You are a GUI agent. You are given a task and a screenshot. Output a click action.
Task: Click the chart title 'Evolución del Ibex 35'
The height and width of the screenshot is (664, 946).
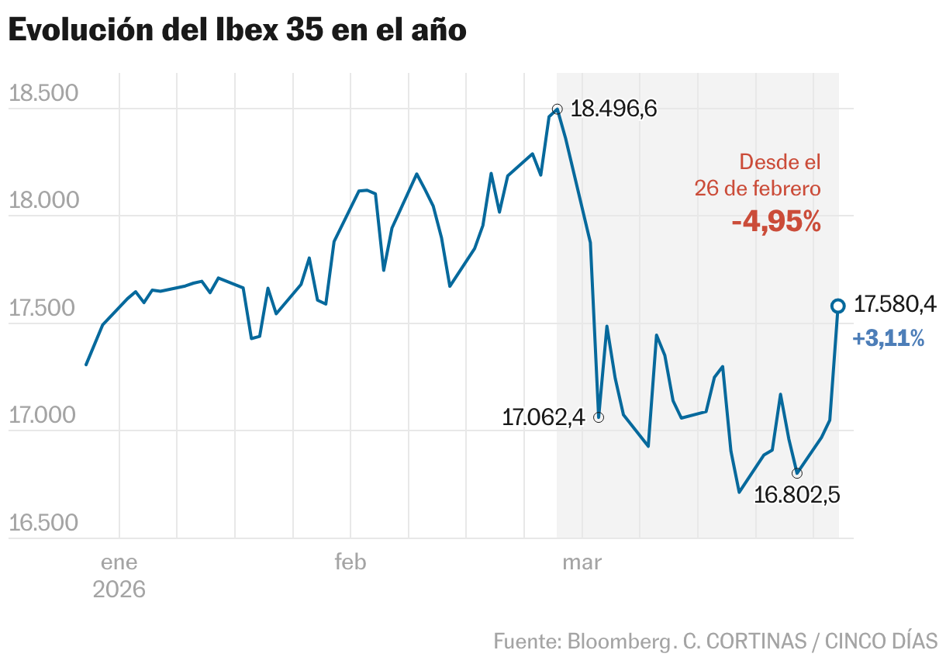point(237,30)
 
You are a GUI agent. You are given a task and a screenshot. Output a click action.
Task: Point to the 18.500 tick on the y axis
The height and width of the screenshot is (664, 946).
point(44,94)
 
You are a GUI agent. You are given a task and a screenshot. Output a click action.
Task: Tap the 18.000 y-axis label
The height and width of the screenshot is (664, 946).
point(44,201)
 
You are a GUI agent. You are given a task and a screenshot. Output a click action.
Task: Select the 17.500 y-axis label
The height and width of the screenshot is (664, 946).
point(44,309)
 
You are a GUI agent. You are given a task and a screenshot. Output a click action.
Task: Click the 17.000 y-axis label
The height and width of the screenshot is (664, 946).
point(44,416)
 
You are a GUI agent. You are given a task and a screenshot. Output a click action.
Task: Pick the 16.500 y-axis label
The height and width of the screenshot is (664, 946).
point(44,524)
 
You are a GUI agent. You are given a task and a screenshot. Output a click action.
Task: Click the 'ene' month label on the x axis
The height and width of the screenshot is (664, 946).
point(119,562)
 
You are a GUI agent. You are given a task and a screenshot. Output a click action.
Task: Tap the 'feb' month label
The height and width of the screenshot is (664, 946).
point(350,562)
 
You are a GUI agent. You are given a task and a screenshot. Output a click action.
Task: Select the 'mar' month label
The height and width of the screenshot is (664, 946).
point(582,562)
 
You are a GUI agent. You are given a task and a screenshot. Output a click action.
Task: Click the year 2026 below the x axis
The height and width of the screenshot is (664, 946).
point(119,590)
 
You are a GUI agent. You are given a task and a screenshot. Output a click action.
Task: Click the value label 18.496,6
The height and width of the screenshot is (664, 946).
point(613,109)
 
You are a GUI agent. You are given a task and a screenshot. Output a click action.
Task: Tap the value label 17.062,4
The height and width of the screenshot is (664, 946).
point(543,418)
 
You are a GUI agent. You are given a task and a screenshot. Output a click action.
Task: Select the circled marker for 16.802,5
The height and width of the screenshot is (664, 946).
point(797,472)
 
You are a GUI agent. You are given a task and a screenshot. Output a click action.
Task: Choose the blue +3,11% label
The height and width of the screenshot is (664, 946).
point(888,339)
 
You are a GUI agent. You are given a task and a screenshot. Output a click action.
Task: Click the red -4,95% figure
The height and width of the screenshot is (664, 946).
point(776,222)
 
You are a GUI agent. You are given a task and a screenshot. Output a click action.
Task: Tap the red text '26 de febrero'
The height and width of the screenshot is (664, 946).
point(758,188)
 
